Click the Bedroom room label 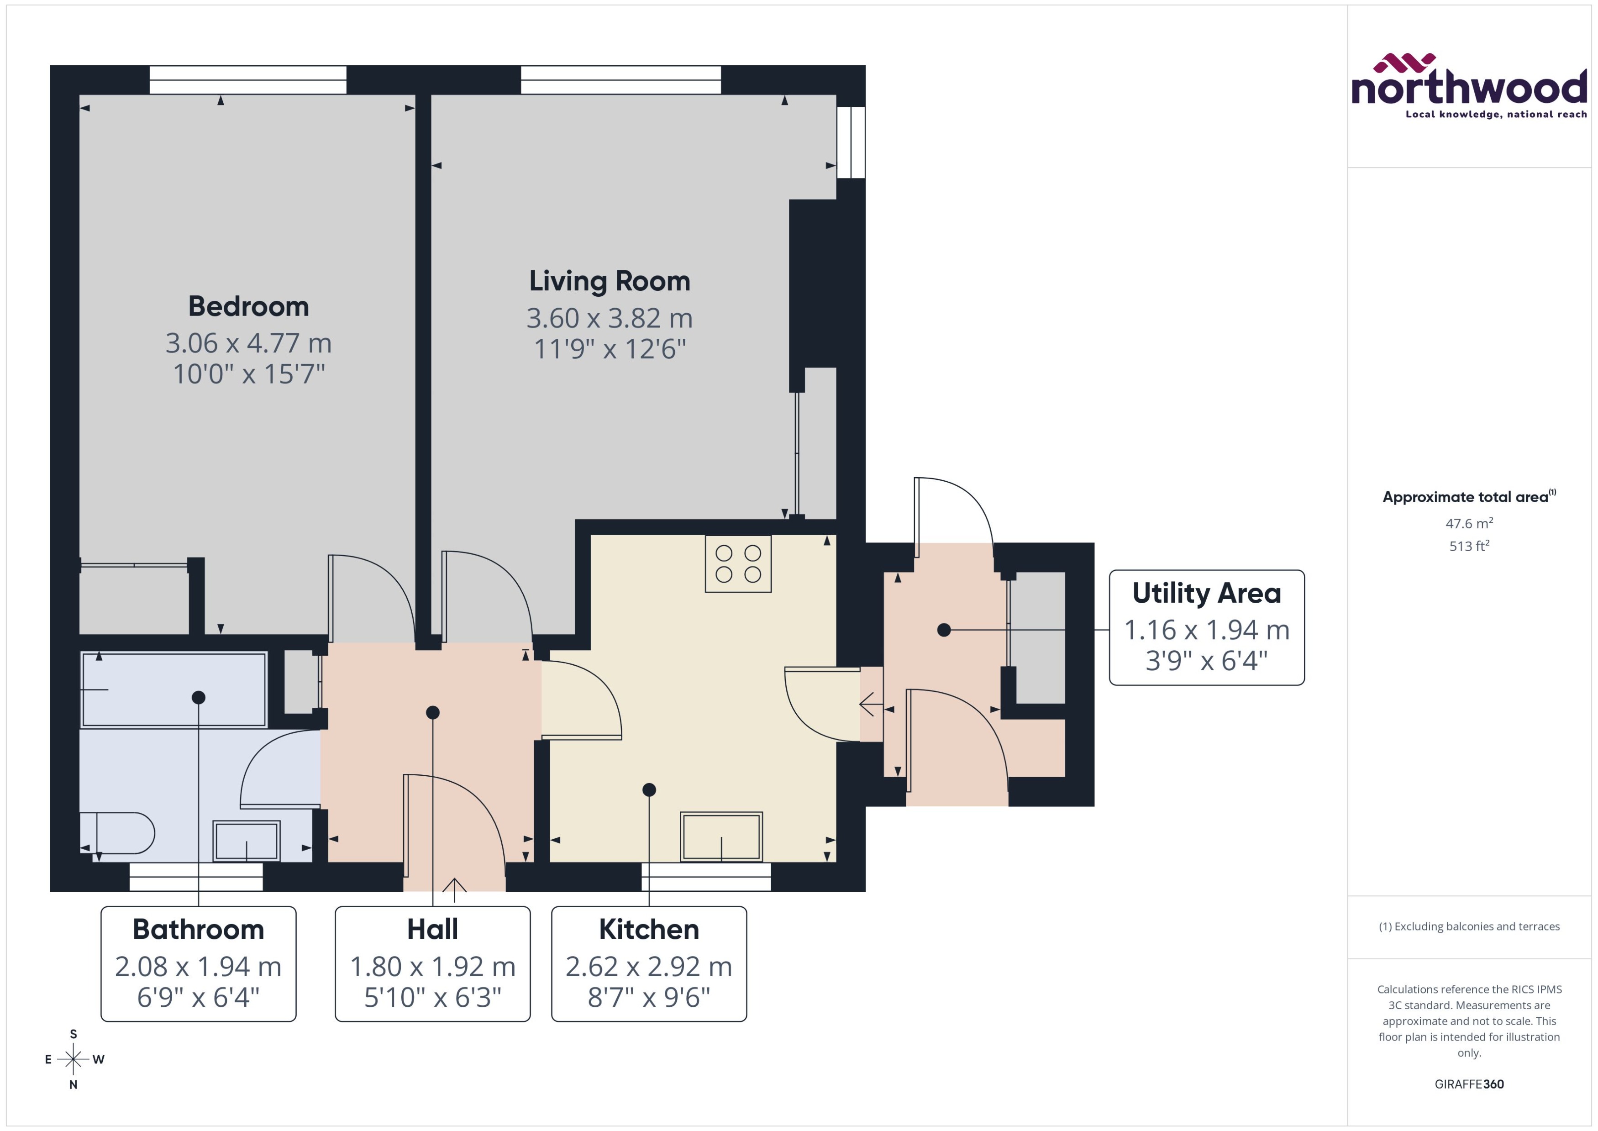248,306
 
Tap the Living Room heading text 609,281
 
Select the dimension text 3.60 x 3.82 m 609,318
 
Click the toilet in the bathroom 118,833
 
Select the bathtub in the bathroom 173,689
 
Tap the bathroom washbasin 247,841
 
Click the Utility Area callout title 1206,594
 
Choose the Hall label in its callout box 432,929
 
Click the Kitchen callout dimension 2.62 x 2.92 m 648,967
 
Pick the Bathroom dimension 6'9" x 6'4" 199,997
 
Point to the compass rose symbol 73,1059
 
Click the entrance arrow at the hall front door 454,884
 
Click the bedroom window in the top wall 248,79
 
